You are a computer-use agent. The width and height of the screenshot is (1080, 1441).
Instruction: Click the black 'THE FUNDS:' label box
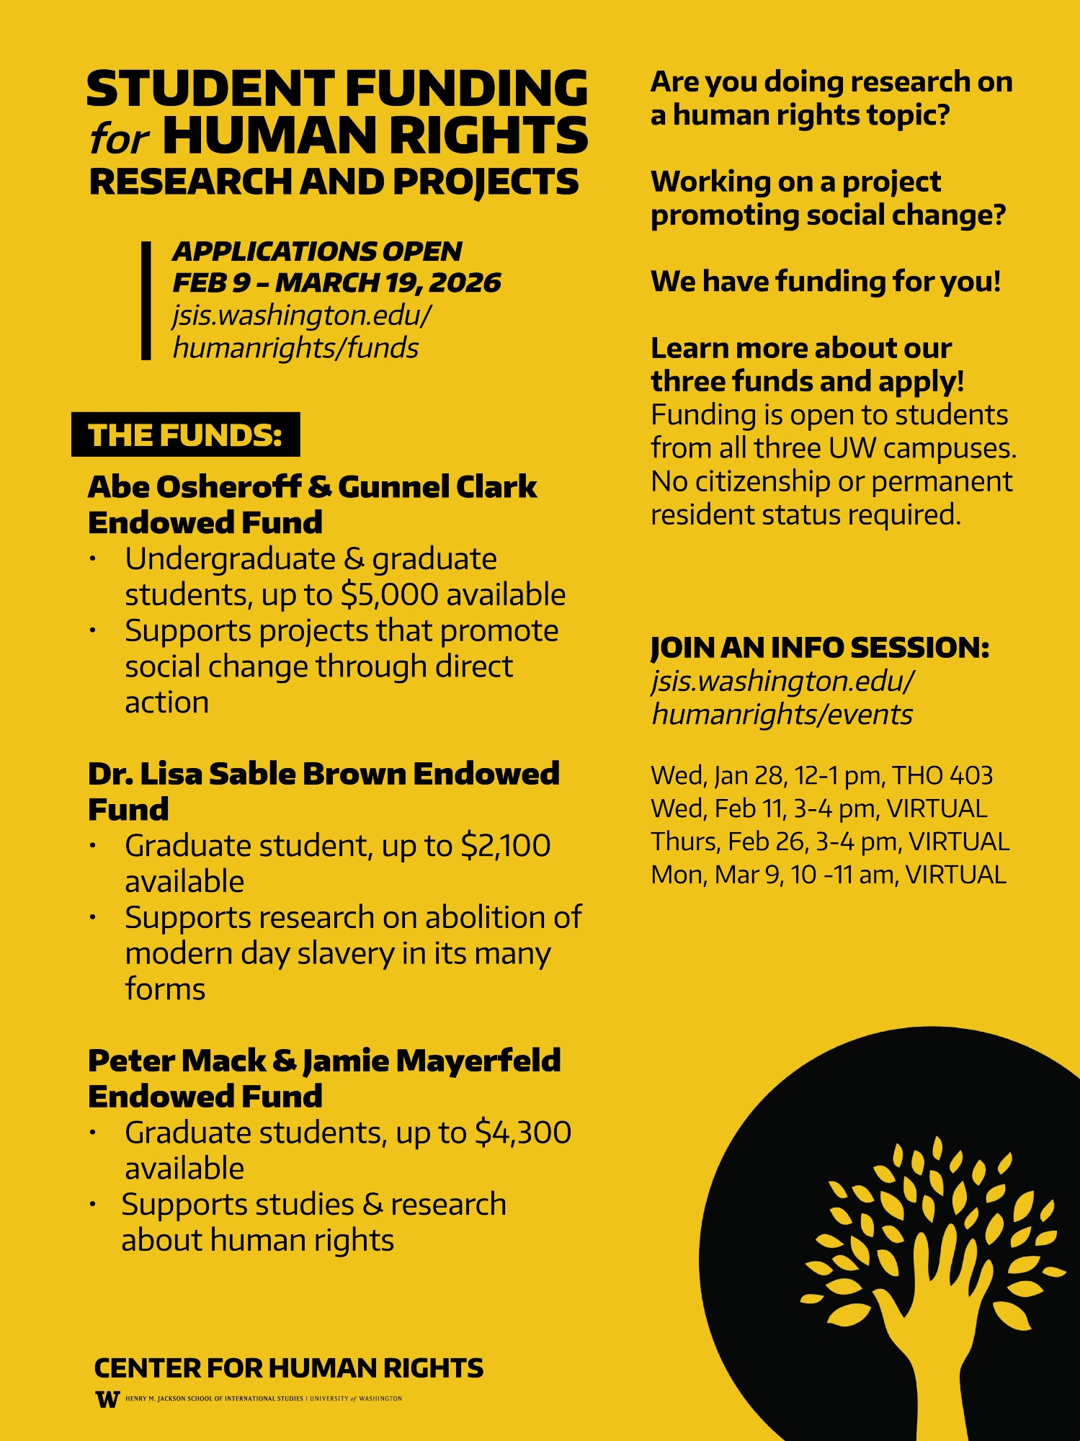(x=185, y=434)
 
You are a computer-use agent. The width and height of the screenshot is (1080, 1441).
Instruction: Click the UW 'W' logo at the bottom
(x=107, y=1399)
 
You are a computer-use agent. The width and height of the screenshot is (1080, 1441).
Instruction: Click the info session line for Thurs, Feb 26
(x=829, y=842)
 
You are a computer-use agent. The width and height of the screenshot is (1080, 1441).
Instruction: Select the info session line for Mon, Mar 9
(x=828, y=875)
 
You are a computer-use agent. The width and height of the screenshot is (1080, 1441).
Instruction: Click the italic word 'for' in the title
(x=119, y=139)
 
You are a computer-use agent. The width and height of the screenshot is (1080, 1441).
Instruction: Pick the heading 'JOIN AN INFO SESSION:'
(x=820, y=647)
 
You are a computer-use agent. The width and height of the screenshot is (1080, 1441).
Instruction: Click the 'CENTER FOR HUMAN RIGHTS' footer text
(x=288, y=1368)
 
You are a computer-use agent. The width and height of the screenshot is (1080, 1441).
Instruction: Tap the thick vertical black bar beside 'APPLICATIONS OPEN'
(x=146, y=300)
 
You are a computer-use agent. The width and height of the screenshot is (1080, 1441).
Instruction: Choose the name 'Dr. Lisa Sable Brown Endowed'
(x=323, y=774)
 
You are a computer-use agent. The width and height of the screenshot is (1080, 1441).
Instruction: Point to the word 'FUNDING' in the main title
(x=466, y=89)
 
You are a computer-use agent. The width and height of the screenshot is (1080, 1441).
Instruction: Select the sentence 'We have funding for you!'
(x=826, y=281)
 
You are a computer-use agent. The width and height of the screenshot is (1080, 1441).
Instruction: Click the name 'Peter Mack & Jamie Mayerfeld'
(x=323, y=1061)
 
